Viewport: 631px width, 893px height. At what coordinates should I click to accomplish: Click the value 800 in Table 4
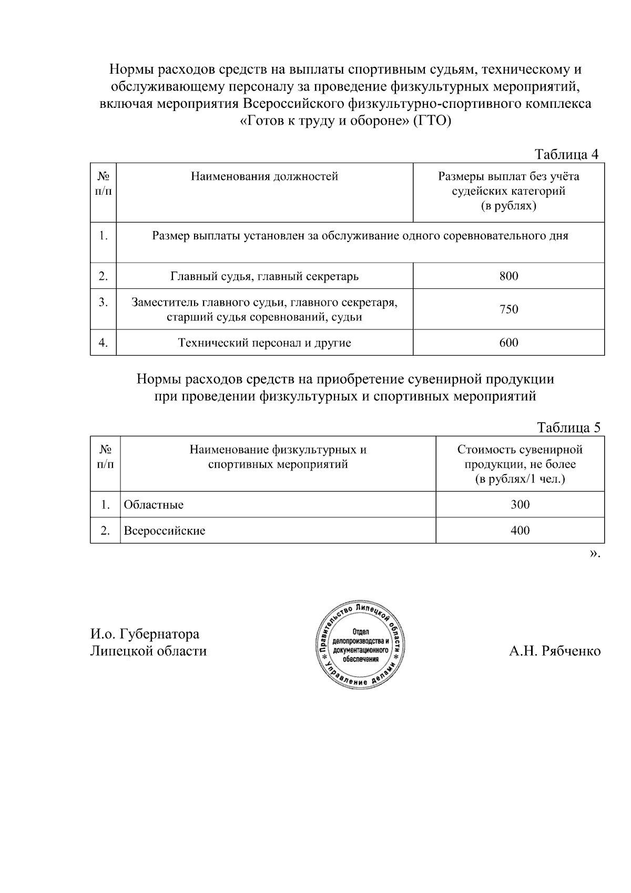point(508,276)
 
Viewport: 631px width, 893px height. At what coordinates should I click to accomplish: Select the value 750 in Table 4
point(508,309)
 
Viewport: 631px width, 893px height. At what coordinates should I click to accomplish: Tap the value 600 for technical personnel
point(508,343)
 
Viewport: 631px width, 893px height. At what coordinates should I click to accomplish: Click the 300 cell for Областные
point(520,505)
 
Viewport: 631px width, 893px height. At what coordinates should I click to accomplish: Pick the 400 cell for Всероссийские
point(520,530)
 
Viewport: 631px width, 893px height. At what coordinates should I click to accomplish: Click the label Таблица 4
point(566,154)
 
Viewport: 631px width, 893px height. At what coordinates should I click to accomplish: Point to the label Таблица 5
point(568,427)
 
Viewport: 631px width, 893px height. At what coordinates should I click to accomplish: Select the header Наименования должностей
point(264,176)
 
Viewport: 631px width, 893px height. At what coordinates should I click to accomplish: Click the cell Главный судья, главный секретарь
point(264,276)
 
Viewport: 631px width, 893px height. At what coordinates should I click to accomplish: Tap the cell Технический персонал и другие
point(264,343)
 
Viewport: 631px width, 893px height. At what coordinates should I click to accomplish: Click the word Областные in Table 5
point(154,505)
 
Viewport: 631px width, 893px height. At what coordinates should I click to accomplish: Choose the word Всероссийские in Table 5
point(164,530)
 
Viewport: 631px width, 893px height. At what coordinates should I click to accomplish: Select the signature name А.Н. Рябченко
point(554,651)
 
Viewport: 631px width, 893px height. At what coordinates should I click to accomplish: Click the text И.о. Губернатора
point(145,634)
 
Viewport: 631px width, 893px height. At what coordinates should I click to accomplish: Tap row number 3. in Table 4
point(103,303)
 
